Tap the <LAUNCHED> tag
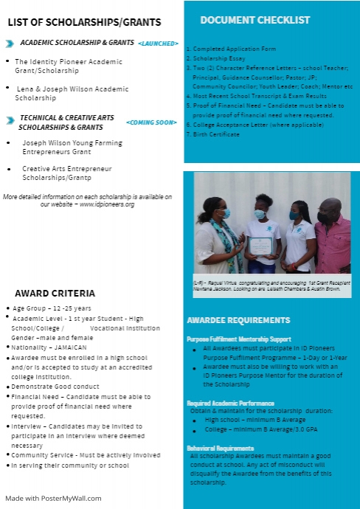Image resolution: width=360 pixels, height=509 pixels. coord(158,45)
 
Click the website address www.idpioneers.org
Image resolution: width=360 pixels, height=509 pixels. coord(106,204)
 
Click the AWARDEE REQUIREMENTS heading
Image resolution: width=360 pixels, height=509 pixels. coord(238,321)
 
